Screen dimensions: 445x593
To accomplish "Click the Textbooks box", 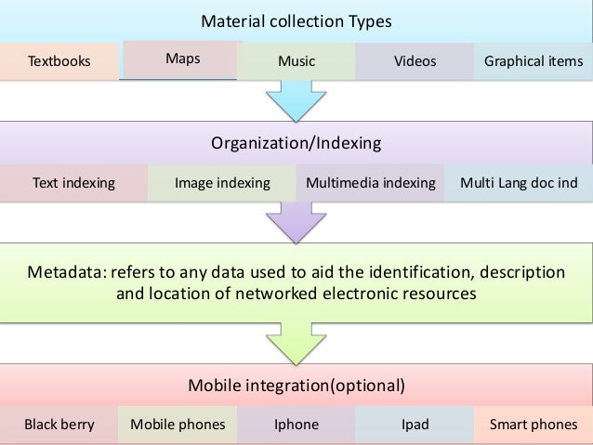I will tap(59, 62).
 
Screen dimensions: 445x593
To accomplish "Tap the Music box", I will tap(296, 62).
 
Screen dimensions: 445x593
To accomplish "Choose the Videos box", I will tap(415, 62).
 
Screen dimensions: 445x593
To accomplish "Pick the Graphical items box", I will tap(534, 62).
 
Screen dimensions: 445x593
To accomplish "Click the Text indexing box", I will tap(73, 183).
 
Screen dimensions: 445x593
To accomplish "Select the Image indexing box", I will tap(222, 183).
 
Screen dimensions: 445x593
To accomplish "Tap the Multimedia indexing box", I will tap(371, 183).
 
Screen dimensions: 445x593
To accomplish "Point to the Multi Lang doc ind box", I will tap(519, 183).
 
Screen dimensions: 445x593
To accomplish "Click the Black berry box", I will tap(59, 425).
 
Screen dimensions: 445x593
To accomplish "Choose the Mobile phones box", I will tap(178, 425).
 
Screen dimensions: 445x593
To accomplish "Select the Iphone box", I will tap(296, 425).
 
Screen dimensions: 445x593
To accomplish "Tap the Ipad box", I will tap(415, 425).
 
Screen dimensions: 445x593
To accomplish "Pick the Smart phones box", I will tap(534, 425).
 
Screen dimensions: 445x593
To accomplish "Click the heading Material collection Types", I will tap(296, 21).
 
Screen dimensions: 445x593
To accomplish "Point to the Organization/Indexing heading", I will tap(296, 144).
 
